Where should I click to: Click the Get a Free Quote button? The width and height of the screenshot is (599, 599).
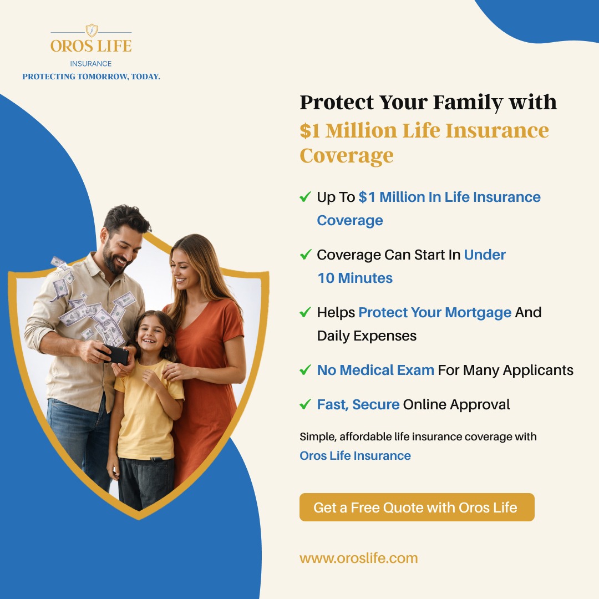coord(417,507)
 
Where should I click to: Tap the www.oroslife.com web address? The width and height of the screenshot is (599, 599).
coord(358,558)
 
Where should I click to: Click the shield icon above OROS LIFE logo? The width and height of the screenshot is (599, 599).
coord(91,31)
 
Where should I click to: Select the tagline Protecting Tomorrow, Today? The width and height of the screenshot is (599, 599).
coord(91,77)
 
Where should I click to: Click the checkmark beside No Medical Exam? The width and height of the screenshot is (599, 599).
coord(305,370)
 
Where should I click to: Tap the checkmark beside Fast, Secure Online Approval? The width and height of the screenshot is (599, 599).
coord(305,404)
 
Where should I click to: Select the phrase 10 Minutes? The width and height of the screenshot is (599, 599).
coord(355,278)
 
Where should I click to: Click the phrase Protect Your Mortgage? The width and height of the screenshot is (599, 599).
coord(435,312)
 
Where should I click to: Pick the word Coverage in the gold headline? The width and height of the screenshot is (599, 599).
coord(347,156)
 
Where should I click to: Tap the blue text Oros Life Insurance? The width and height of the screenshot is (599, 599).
coord(355,456)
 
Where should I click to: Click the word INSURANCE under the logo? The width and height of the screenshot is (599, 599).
coord(91,64)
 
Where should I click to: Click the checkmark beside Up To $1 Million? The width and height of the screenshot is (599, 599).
coord(305,197)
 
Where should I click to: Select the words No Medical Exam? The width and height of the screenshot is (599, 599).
coord(375,370)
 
